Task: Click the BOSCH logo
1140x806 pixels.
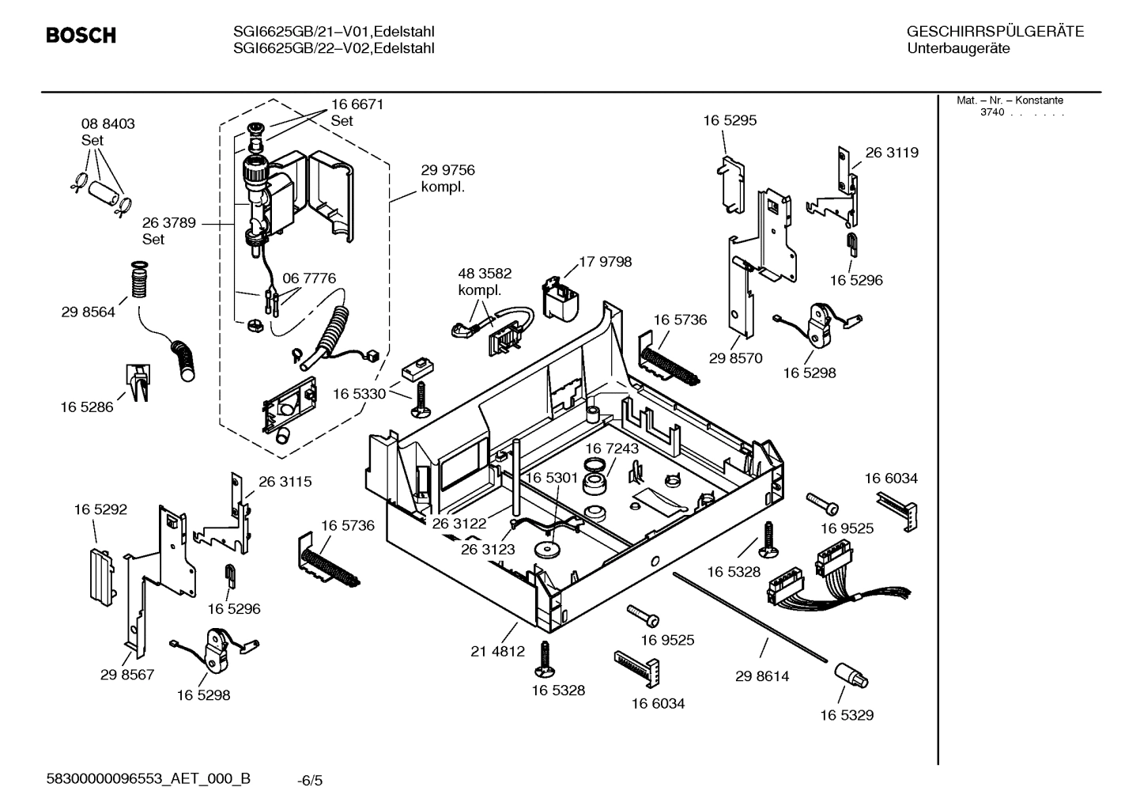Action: coord(81,36)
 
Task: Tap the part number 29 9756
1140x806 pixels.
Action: coord(447,170)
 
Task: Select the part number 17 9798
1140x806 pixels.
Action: coord(605,262)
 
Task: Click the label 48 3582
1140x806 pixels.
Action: coord(485,274)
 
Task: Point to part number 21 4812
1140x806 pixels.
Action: coord(497,652)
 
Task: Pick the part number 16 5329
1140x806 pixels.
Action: coord(846,715)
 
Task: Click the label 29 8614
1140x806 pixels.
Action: coord(761,676)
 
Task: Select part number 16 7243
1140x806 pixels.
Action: coord(612,448)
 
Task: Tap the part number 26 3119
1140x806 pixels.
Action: coord(892,153)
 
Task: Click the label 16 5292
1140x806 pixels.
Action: coord(100,510)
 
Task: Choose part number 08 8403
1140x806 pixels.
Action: coord(108,124)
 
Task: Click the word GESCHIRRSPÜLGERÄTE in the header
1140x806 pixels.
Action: coord(995,32)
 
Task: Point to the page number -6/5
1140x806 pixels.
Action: coord(310,781)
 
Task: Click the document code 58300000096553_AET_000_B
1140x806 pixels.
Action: coord(149,778)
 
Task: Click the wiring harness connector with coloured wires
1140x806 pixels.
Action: coord(822,573)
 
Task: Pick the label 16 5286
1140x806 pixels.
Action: coord(87,407)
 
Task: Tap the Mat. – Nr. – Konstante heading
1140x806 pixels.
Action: coord(1010,100)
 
